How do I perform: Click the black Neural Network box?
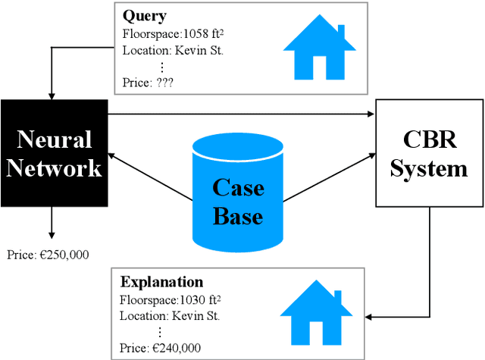54,152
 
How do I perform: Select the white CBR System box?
429,152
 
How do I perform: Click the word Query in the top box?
144,16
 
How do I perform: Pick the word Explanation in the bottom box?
161,283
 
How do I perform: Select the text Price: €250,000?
48,255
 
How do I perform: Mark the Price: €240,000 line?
160,348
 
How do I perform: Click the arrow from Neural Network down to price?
52,223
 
